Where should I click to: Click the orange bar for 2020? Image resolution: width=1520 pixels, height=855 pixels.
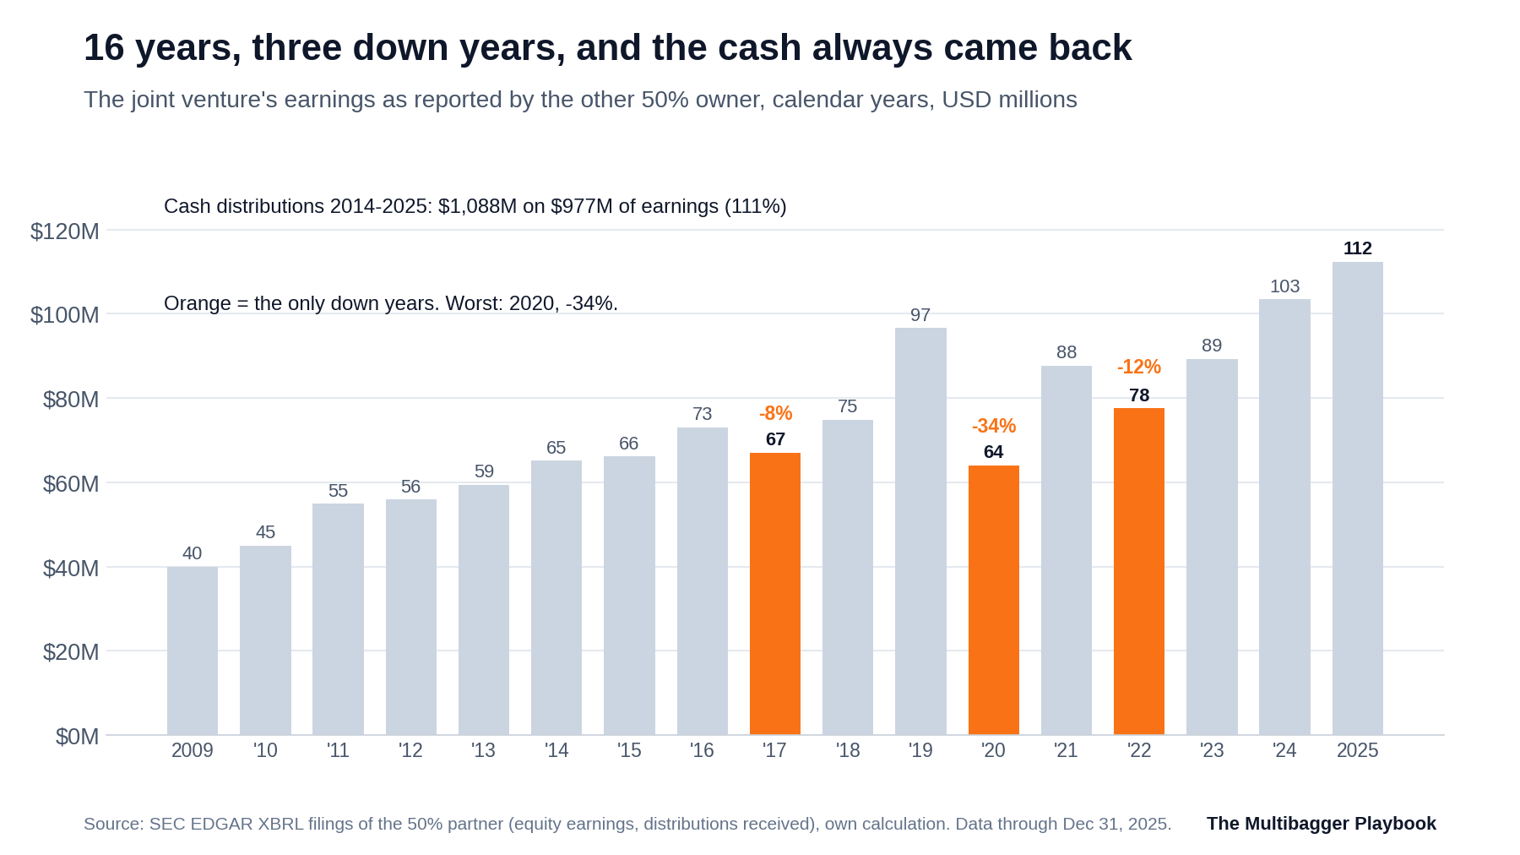993,600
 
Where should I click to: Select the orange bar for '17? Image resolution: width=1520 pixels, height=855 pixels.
775,594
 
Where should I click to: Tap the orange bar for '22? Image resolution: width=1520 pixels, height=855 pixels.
1139,571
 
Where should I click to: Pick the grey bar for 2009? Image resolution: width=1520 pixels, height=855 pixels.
193,651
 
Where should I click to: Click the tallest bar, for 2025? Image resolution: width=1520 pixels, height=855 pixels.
1358,498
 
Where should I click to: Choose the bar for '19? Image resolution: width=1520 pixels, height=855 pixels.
920,531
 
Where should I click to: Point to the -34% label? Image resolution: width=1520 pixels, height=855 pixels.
994,426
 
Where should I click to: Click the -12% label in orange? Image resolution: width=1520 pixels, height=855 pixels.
1139,367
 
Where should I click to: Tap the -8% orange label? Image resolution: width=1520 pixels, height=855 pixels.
775,413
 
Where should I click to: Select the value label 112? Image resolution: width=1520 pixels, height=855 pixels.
1358,248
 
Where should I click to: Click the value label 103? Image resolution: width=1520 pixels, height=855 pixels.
1284,286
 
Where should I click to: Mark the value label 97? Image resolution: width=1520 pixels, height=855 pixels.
920,315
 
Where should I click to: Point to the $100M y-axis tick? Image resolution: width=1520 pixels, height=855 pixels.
65,315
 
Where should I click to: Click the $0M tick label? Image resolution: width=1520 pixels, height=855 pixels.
78,737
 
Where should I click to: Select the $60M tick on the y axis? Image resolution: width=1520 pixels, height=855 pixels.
71,484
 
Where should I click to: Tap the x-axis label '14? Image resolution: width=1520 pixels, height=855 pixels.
556,750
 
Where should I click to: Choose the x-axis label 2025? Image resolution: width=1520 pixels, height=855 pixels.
1357,750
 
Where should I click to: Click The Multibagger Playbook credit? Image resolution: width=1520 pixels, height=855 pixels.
1322,824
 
